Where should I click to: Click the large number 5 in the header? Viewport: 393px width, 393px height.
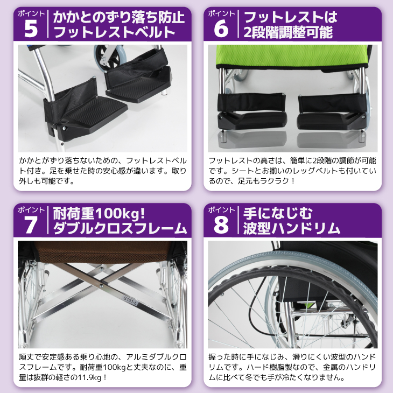pyautogui.click(x=31, y=29)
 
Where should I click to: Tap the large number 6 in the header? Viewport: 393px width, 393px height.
pyautogui.click(x=221, y=29)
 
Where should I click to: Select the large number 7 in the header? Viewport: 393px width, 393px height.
pyautogui.click(x=31, y=225)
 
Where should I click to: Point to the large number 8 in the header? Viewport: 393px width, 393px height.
pyautogui.click(x=221, y=225)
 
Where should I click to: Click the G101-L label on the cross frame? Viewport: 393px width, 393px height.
pyautogui.click(x=130, y=300)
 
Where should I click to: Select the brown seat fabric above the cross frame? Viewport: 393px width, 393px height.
pyautogui.click(x=102, y=252)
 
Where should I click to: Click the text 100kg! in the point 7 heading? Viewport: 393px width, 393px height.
pyautogui.click(x=120, y=214)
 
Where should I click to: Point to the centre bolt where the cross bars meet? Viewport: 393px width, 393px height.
pyautogui.click(x=101, y=285)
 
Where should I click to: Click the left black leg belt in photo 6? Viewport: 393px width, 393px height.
pyautogui.click(x=251, y=103)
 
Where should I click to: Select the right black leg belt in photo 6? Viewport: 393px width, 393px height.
pyautogui.click(x=333, y=103)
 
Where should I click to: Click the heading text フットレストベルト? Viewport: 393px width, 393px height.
pyautogui.click(x=114, y=32)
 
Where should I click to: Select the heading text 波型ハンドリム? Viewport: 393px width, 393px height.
pyautogui.click(x=291, y=228)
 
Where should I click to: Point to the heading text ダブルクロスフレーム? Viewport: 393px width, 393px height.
pyautogui.click(x=120, y=228)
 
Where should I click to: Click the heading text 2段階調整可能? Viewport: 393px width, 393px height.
pyautogui.click(x=288, y=32)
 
